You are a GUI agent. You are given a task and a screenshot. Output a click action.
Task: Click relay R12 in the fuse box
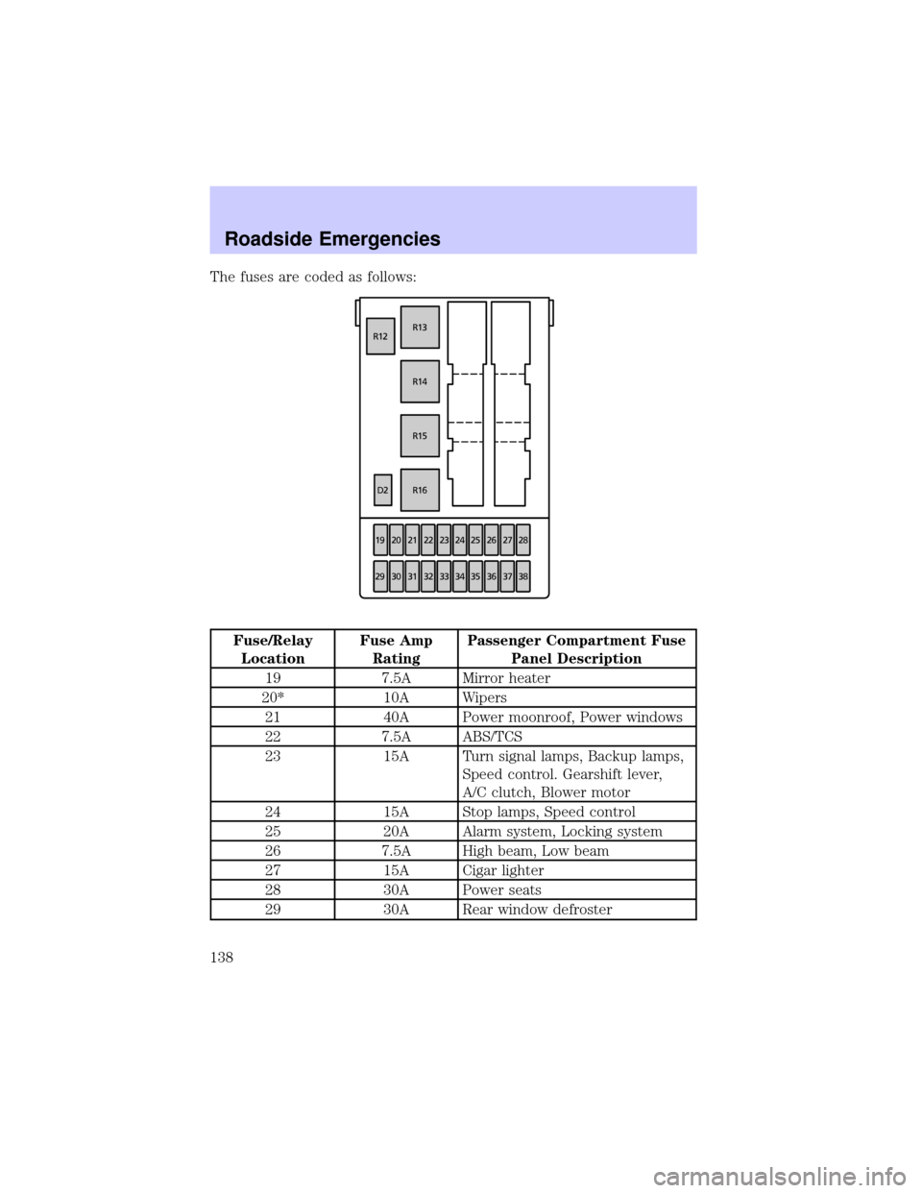click(380, 336)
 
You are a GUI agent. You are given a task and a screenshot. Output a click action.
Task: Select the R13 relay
click(420, 328)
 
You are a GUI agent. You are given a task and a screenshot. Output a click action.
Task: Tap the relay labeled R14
click(420, 381)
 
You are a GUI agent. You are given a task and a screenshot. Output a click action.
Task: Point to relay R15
click(420, 435)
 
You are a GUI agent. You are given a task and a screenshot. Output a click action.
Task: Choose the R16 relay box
click(420, 490)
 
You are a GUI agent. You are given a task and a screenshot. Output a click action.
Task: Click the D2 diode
click(382, 490)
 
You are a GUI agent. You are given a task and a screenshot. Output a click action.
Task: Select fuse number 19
click(380, 541)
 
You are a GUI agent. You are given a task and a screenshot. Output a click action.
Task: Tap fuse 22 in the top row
click(428, 541)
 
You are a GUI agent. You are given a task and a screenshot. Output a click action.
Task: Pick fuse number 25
click(475, 541)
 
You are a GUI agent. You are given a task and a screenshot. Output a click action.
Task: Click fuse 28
click(522, 541)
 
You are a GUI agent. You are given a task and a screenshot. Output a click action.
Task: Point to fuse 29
click(380, 576)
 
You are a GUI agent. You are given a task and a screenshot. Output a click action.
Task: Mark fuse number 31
click(412, 576)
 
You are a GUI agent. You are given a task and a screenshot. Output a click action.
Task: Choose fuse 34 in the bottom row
click(460, 576)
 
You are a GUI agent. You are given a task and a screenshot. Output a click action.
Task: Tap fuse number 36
click(492, 576)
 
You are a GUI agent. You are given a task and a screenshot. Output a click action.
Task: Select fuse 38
click(522, 576)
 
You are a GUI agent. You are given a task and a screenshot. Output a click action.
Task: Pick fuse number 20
click(397, 541)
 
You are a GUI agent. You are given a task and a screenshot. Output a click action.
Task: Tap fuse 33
click(444, 576)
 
